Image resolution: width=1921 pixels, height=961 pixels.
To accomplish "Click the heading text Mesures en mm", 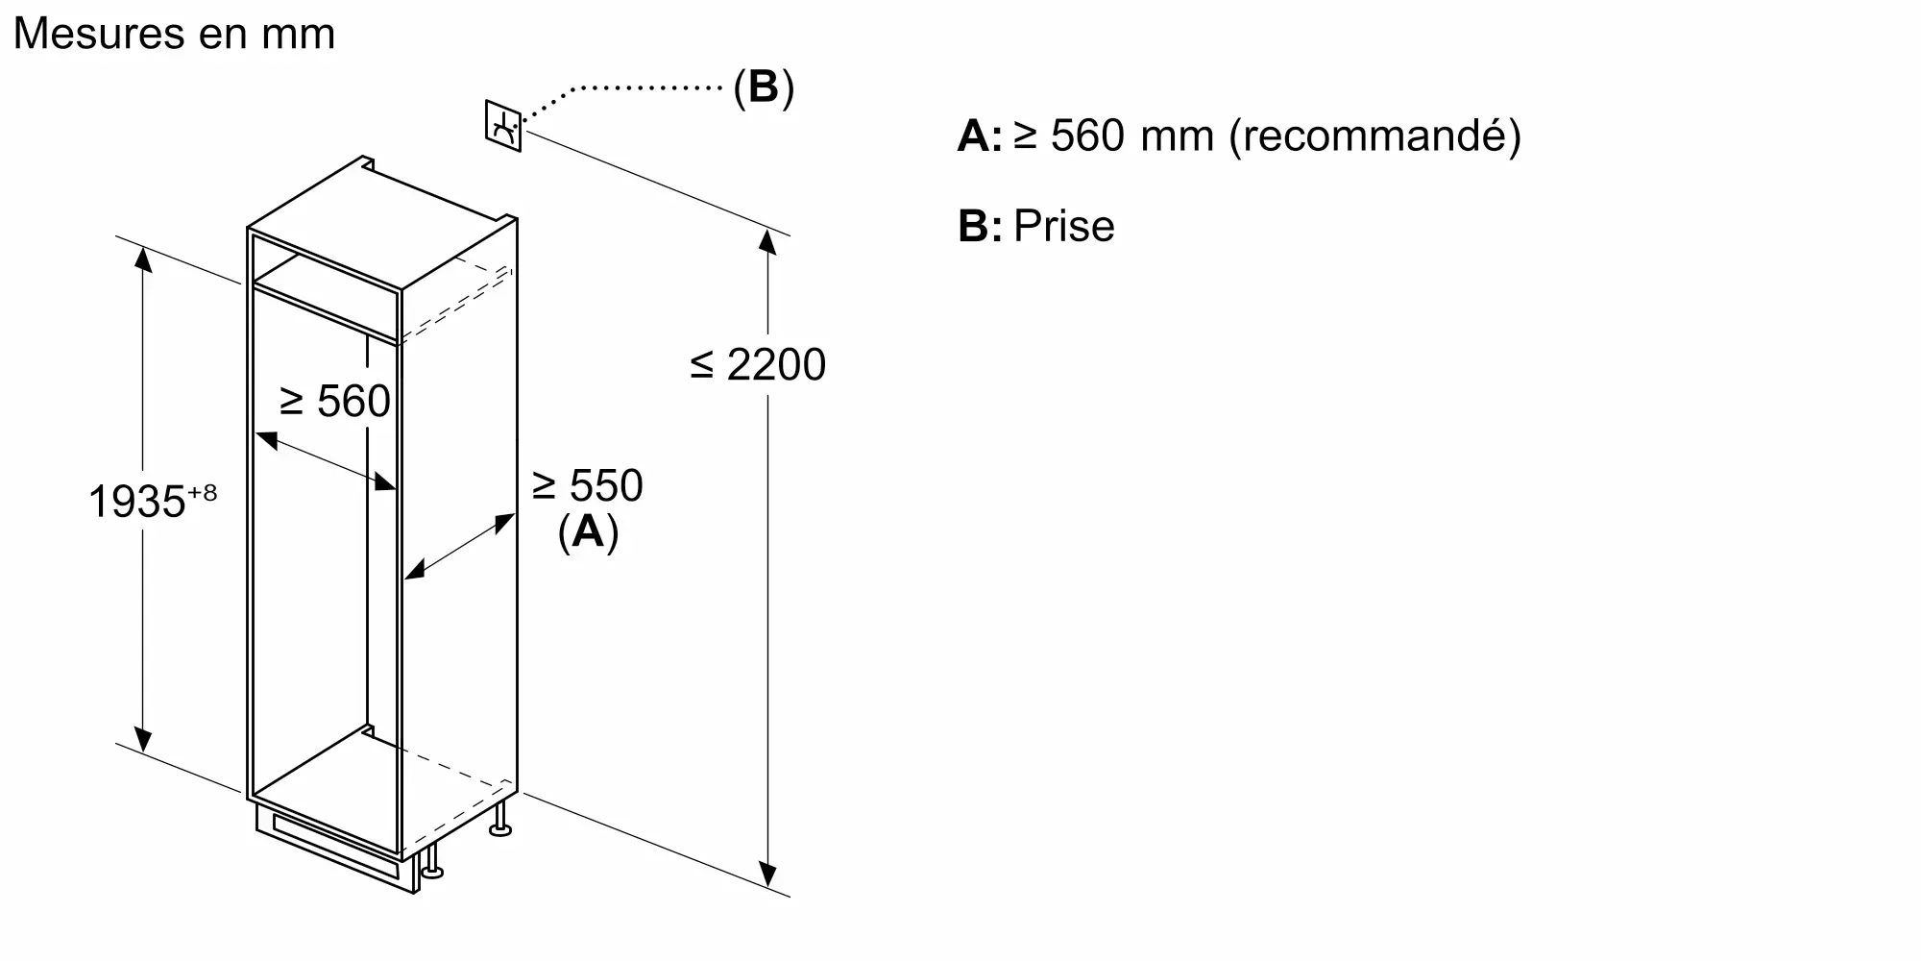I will click(174, 34).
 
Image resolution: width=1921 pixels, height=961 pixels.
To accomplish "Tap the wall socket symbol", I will click(503, 126).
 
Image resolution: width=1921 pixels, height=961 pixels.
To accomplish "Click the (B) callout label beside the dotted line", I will click(764, 87).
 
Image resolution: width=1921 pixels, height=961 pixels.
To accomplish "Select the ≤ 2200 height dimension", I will click(758, 365).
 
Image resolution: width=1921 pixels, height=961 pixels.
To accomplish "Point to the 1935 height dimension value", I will click(135, 502).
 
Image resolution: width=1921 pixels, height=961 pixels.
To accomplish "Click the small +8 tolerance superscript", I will click(203, 493).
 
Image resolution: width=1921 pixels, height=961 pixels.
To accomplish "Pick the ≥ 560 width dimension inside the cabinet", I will click(335, 402).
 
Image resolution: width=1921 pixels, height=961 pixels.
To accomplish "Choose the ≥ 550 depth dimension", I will click(587, 486).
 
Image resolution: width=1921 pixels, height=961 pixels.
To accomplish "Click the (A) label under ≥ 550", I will click(588, 531).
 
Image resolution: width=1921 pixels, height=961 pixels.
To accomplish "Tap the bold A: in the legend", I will click(979, 136).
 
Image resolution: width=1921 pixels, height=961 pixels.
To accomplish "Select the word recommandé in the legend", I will click(1374, 136).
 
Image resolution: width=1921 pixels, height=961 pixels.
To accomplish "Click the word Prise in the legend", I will click(1063, 227).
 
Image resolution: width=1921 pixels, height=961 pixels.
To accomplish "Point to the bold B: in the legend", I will click(979, 227).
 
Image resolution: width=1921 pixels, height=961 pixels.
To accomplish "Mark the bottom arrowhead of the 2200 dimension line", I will click(767, 875).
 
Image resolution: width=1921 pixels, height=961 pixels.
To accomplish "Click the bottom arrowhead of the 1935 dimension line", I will click(143, 740).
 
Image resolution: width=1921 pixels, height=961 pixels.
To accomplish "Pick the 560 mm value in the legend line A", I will click(1087, 136).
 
